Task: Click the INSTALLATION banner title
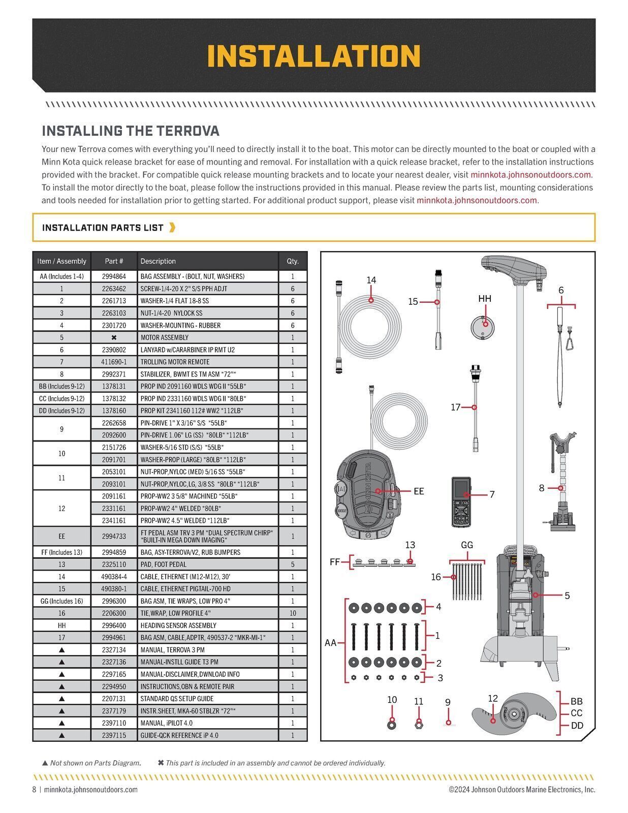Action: (313, 56)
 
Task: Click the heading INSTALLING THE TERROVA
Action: (131, 131)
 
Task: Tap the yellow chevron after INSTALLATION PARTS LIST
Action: (172, 227)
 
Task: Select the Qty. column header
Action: (293, 261)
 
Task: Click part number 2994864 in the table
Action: (114, 276)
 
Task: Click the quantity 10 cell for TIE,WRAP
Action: (293, 613)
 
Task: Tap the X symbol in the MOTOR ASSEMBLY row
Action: (114, 337)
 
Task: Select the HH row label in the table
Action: (61, 626)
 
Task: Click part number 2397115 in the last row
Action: (114, 735)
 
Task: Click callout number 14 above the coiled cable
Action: (371, 280)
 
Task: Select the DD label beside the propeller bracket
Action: (577, 726)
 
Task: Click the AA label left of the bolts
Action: (330, 643)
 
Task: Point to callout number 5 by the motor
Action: (567, 596)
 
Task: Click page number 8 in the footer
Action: (35, 790)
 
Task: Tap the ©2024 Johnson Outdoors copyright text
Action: (522, 790)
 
